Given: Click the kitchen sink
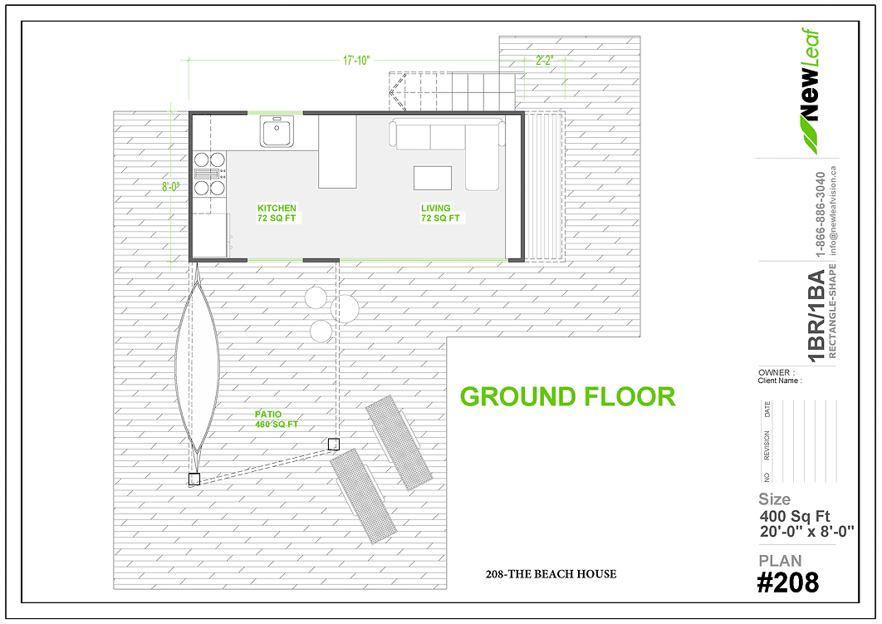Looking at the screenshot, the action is point(277,131).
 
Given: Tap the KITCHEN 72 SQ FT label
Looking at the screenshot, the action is point(277,214).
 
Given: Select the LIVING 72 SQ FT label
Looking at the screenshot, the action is point(440,214).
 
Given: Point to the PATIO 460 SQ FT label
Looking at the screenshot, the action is point(277,420).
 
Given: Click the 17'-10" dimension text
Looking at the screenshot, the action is point(356,61).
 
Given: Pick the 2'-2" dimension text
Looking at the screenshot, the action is point(544,61).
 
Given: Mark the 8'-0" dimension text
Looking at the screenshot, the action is point(171,188).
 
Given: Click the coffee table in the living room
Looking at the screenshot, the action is point(433,178).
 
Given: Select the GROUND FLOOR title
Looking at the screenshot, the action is point(567,396).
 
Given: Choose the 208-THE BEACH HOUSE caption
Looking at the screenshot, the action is point(551,574).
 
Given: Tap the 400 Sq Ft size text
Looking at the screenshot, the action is point(795,517).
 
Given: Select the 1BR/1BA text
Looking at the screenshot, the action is point(816,317).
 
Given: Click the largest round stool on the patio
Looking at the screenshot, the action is point(345,307).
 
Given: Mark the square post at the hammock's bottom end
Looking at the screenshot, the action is point(194,479).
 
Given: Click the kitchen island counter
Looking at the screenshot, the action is point(337,151).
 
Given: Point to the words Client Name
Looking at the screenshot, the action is point(780,381).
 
